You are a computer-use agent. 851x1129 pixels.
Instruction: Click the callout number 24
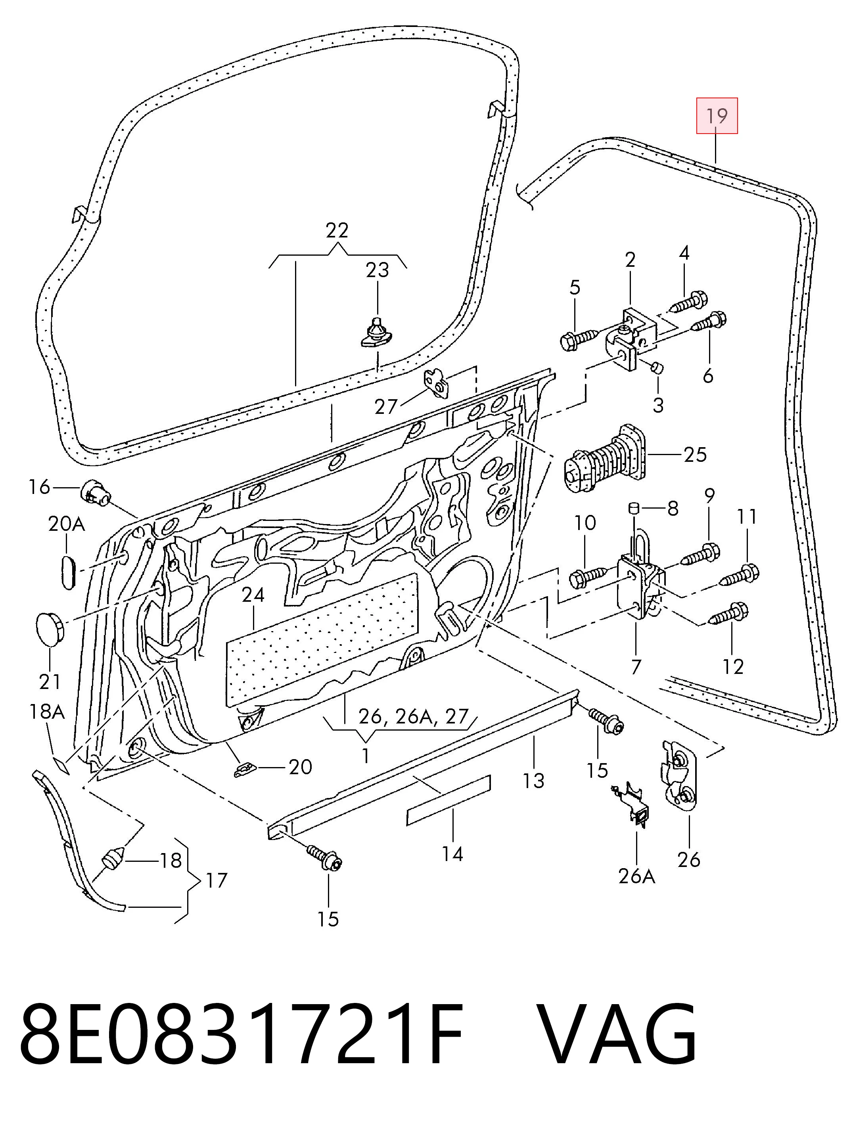click(254, 595)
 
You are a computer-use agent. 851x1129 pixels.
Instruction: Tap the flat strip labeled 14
click(448, 800)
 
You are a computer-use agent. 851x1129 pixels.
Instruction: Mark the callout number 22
click(337, 230)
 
